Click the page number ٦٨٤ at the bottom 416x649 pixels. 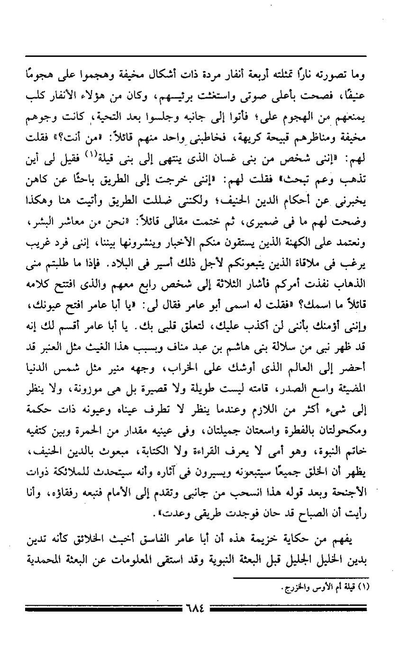point(195,607)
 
